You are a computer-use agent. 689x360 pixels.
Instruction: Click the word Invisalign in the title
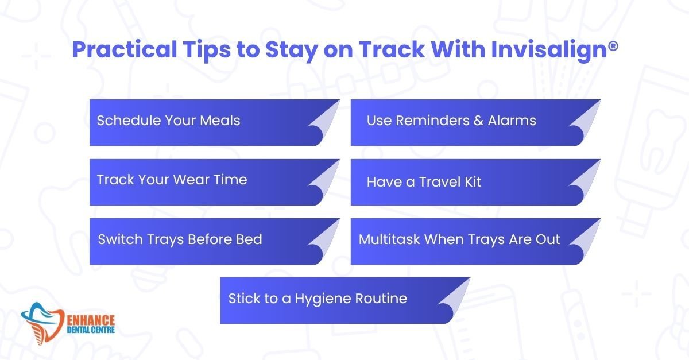(549, 50)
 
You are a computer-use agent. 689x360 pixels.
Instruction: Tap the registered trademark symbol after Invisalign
(613, 47)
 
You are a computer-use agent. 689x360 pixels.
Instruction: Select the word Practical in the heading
(125, 49)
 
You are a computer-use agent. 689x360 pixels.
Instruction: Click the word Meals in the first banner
(220, 121)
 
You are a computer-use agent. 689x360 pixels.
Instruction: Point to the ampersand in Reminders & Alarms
(478, 121)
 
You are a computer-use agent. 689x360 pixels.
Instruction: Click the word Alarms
(512, 121)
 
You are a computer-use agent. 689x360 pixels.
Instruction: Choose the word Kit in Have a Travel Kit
(473, 182)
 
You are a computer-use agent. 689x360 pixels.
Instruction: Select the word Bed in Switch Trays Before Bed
(249, 239)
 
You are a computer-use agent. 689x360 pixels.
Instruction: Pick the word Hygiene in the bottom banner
(323, 299)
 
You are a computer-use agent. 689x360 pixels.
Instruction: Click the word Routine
(381, 299)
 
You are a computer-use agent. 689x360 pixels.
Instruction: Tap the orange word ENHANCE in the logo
(91, 320)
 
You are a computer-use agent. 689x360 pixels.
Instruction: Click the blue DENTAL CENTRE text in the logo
(91, 330)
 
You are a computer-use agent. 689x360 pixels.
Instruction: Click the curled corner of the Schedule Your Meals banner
(324, 121)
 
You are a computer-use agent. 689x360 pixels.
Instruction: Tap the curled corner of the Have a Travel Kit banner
(585, 181)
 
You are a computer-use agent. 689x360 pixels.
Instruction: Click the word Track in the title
(392, 49)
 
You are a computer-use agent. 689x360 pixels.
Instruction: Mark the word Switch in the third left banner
(120, 239)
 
